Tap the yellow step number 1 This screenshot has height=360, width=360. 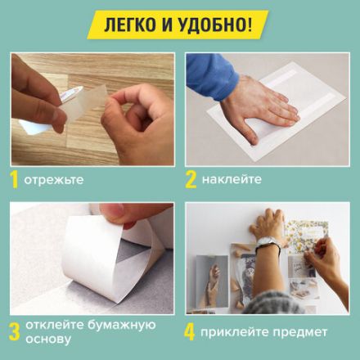tap(15, 178)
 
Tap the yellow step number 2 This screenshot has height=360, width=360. tap(191, 178)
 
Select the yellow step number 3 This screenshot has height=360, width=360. tap(15, 331)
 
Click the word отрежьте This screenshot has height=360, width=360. tap(53, 178)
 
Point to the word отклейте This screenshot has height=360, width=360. tap(56, 325)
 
